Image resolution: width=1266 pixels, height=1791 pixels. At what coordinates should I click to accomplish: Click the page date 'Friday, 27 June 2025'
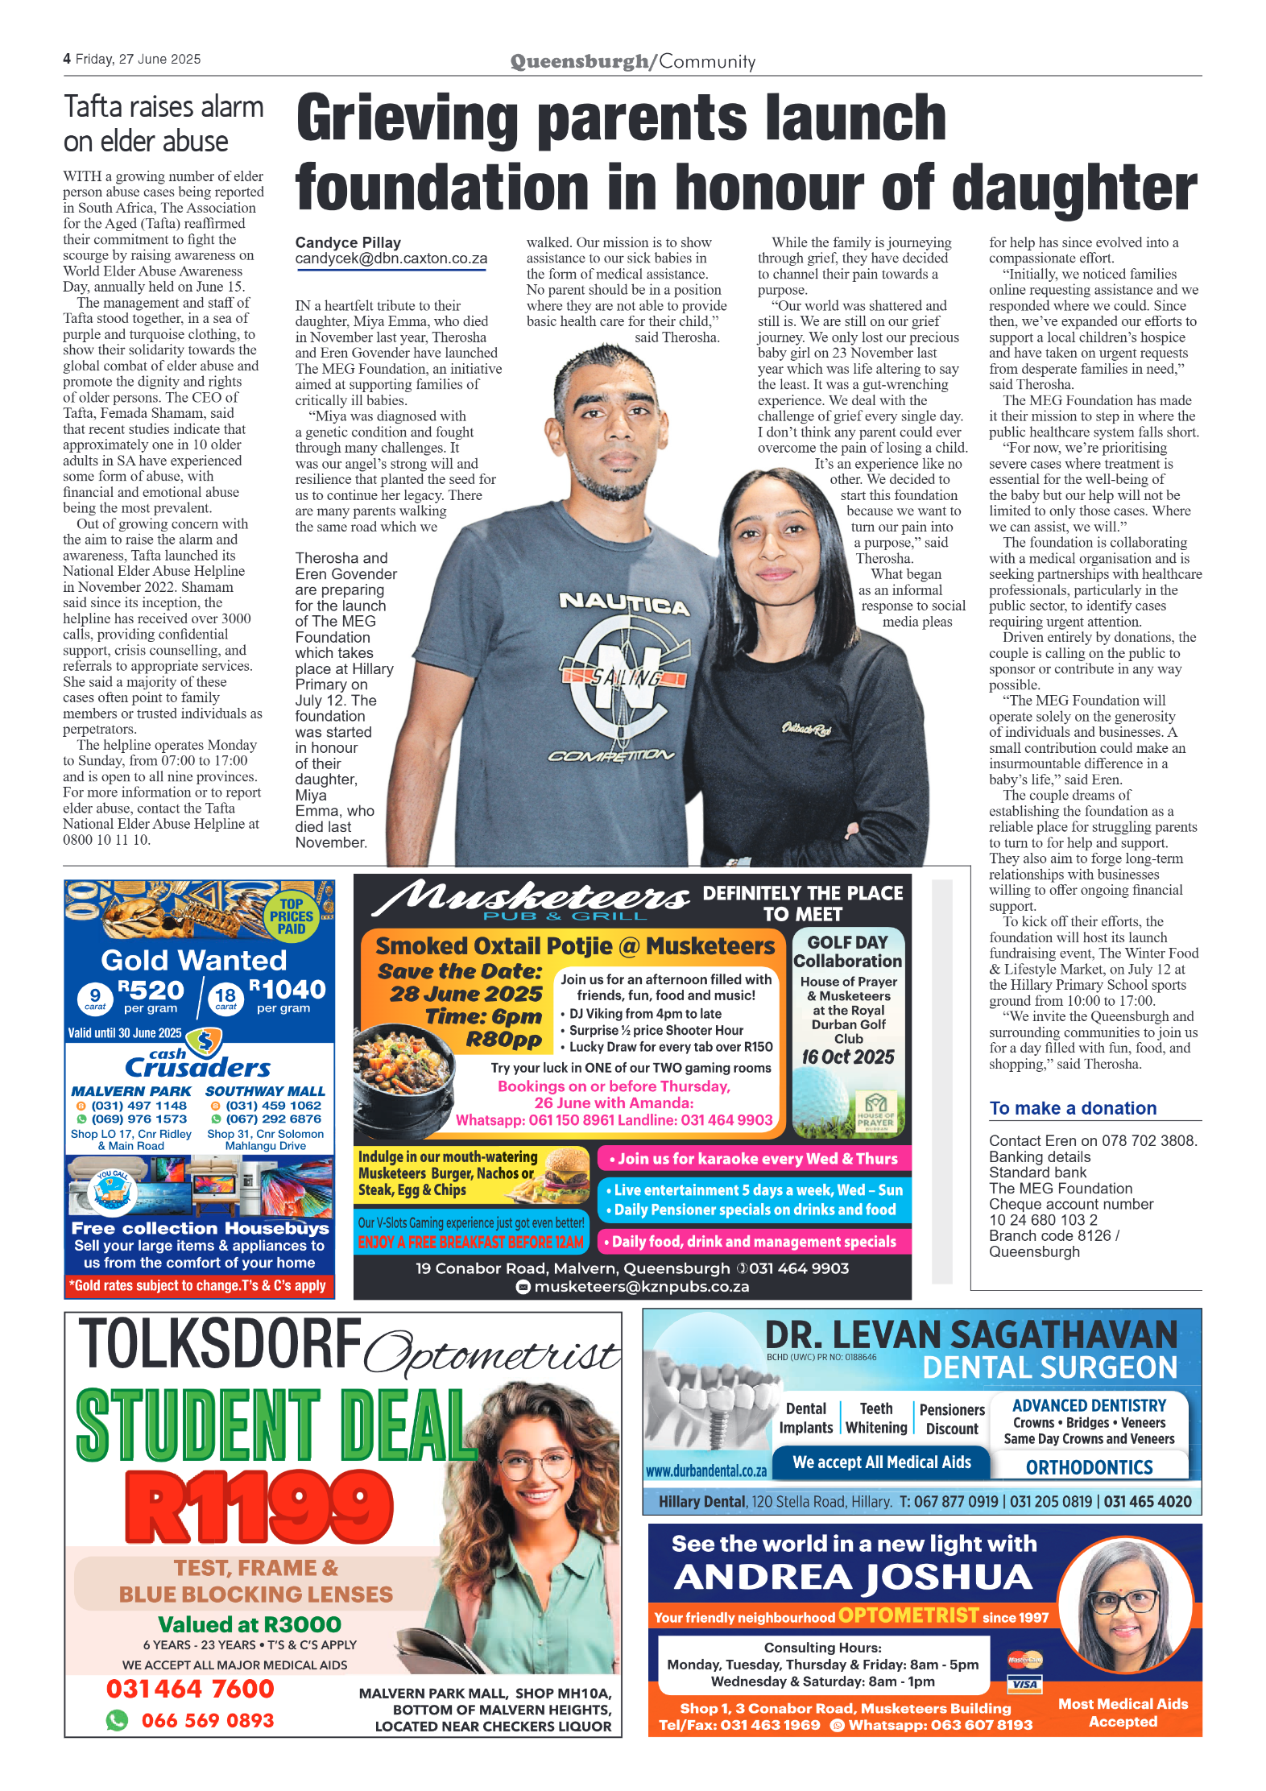[x=138, y=59]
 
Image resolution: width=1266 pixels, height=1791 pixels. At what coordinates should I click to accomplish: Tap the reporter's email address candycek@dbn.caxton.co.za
[x=391, y=259]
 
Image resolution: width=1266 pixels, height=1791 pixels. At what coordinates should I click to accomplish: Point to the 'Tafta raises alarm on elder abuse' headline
[x=163, y=123]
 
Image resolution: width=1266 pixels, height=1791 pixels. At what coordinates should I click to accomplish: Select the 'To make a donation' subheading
[x=1072, y=1108]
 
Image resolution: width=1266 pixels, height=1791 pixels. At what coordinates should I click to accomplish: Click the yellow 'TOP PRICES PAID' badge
[x=291, y=916]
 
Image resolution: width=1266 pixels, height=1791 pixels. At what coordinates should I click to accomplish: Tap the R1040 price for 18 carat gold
[x=287, y=989]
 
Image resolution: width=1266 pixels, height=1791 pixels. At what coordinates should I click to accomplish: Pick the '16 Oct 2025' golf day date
[x=847, y=1057]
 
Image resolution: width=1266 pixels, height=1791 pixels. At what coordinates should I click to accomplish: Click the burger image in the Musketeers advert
[x=566, y=1175]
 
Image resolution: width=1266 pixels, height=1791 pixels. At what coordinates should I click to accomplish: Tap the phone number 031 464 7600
[x=190, y=1689]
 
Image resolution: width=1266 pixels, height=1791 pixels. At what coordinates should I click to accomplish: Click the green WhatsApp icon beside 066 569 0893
[x=117, y=1720]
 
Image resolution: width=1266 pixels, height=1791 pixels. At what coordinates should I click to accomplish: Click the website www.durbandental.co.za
[x=705, y=1470]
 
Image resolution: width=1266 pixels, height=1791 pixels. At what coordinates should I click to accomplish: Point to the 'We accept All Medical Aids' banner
[x=881, y=1462]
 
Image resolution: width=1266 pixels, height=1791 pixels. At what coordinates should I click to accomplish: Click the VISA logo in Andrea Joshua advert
[x=1024, y=1684]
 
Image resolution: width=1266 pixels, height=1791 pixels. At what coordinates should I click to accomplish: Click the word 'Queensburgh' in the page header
[x=579, y=61]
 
